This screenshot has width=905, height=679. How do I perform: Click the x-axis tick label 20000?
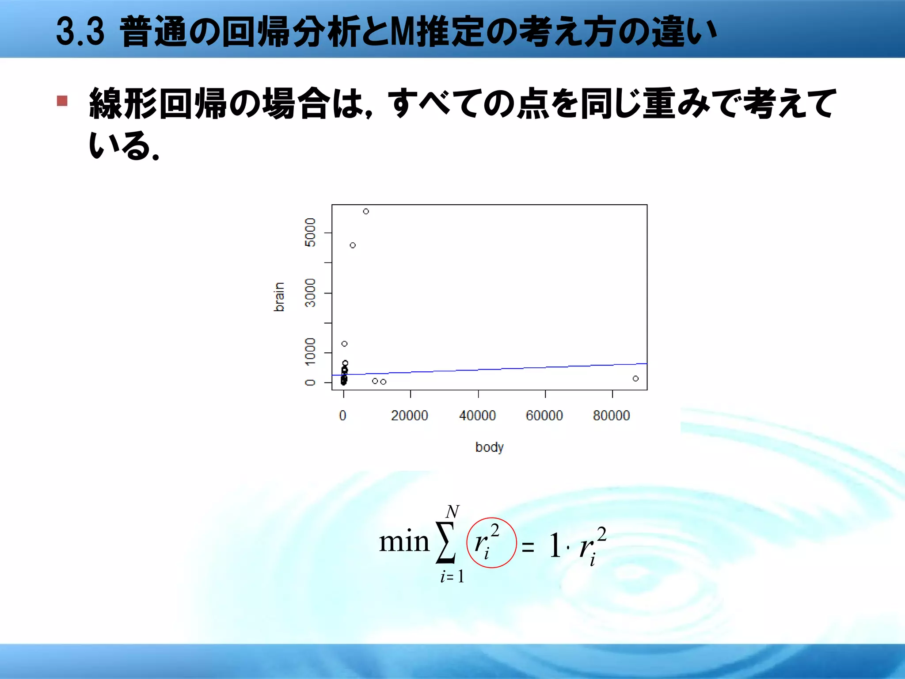point(410,416)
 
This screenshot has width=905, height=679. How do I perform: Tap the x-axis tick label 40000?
point(477,416)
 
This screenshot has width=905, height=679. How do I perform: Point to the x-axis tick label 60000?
point(544,416)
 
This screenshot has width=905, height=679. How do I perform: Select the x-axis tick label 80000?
point(612,416)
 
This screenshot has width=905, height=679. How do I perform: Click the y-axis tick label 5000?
point(311,233)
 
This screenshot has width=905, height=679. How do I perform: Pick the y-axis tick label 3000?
point(311,293)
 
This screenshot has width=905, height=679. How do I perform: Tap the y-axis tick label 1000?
point(311,352)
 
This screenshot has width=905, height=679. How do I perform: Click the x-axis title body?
point(489,447)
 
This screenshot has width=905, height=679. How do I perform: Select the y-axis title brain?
point(279,297)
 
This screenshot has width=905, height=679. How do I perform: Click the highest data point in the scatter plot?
point(366,211)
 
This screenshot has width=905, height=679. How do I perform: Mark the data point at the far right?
point(635,378)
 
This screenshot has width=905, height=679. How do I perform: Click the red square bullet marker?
point(62,101)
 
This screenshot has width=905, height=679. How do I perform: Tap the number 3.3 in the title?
point(80,32)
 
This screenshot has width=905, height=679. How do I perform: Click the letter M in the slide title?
point(403,32)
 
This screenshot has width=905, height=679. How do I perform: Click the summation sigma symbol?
point(445,543)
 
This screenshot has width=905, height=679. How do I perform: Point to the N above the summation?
point(452,512)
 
